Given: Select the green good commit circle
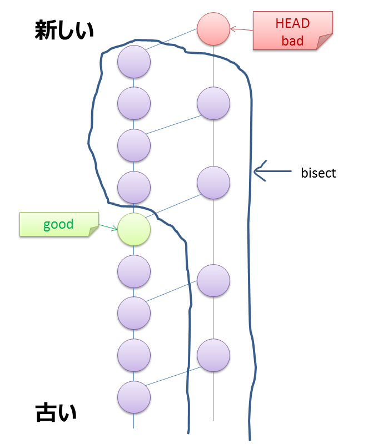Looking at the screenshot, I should [x=134, y=229].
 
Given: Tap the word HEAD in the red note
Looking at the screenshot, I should [x=292, y=23].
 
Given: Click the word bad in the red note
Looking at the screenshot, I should [x=292, y=40].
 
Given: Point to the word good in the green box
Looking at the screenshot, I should [x=58, y=225].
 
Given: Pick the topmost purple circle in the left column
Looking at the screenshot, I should [x=134, y=61].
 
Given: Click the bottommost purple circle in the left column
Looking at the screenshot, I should [x=134, y=397].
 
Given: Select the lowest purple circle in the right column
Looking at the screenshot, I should [x=213, y=354].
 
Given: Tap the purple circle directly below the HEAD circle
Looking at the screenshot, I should [x=213, y=103].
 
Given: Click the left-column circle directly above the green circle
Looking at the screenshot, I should [x=134, y=187].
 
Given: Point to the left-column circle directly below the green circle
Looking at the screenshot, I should [x=134, y=271].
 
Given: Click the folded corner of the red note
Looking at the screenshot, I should [x=325, y=42].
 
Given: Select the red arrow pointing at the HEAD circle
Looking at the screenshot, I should [x=241, y=29].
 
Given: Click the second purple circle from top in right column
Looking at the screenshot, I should [x=213, y=182].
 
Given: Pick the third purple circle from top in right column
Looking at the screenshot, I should [x=213, y=280].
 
